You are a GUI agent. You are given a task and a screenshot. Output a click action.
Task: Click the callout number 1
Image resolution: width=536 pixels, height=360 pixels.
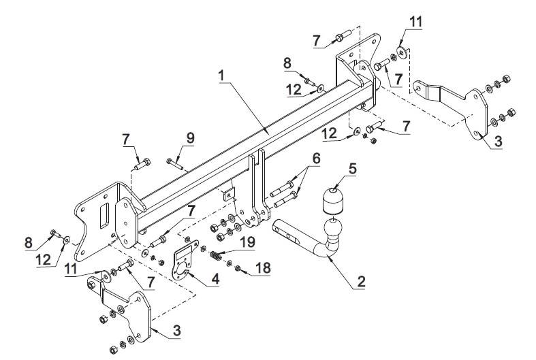pos(222,76)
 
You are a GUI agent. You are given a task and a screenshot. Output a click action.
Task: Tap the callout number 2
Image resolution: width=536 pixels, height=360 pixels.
pos(362,281)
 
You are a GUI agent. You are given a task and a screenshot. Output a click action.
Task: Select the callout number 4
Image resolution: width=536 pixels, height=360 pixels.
pos(215,279)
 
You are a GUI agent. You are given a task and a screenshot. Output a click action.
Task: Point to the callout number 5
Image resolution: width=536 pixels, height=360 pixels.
pos(352,168)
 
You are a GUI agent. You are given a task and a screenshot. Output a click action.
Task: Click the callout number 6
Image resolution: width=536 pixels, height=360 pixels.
pos(316,158)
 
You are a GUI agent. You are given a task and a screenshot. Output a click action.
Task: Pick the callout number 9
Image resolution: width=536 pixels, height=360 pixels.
pos(190,138)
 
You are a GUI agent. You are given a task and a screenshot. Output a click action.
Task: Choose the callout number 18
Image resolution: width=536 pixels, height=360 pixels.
pos(263,267)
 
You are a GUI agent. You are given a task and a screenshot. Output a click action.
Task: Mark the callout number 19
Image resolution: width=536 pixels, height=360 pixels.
pos(247,242)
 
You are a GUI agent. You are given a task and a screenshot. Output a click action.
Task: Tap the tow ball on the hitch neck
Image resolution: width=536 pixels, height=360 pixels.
pos(332,228)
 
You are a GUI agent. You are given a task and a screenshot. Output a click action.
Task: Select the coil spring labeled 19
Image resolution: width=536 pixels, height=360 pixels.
pos(215,256)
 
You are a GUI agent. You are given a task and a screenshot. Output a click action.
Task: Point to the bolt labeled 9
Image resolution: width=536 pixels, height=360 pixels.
pos(174,163)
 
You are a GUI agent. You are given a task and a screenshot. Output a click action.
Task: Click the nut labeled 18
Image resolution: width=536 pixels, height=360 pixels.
pos(237,268)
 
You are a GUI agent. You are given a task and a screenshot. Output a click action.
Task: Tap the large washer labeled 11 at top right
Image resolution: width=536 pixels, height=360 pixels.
pos(401,52)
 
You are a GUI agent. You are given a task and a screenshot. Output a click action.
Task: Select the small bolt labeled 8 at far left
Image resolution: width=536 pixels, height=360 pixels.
pos(54,233)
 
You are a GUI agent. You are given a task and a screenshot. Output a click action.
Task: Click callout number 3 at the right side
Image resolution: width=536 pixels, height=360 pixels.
pos(498,141)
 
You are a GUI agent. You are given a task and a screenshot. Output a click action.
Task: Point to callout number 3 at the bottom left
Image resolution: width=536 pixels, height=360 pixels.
pos(176,330)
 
